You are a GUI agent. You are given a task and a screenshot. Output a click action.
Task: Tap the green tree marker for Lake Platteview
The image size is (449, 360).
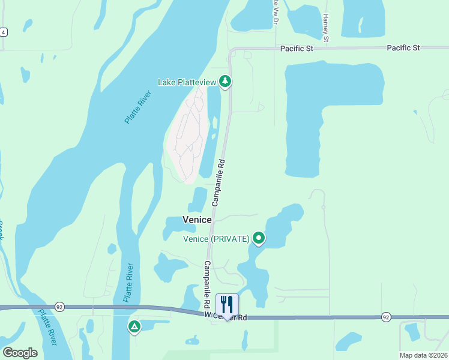click(x=225, y=80)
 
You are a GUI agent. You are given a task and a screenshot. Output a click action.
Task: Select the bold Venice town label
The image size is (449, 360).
click(x=197, y=220)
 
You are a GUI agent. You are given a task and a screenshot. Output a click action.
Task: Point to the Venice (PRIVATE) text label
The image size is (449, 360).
click(x=216, y=239)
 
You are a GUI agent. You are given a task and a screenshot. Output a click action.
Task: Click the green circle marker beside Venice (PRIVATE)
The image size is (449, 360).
click(x=259, y=239)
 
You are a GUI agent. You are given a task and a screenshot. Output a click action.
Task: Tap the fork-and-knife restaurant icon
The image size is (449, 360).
click(x=227, y=304)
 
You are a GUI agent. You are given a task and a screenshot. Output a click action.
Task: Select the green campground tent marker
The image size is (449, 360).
click(x=134, y=326)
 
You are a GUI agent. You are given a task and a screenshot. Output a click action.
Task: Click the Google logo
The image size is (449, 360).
click(x=20, y=353)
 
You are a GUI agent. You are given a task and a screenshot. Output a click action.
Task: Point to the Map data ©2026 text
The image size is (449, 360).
click(x=424, y=355)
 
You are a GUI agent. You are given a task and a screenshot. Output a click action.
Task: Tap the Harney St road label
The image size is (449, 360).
click(x=325, y=28)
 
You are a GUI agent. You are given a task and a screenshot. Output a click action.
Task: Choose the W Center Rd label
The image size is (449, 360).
click(x=225, y=316)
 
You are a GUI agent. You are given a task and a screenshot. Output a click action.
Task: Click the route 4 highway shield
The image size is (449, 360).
click(x=4, y=32)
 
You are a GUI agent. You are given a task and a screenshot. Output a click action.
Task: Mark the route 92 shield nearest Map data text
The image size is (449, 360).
click(x=385, y=317)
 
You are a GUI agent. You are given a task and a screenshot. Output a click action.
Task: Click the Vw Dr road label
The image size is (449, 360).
click(x=275, y=12)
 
